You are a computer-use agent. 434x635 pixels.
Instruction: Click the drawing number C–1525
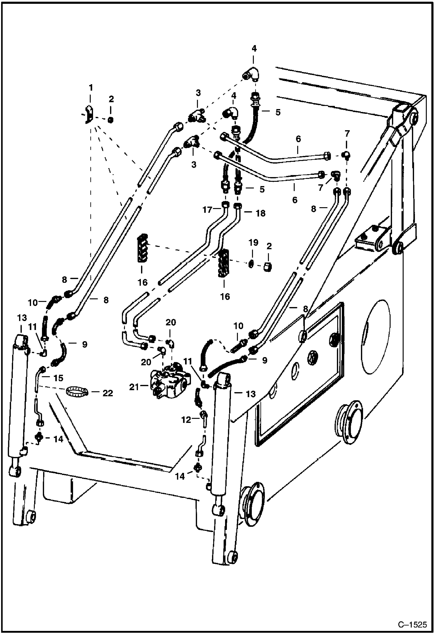[x=412, y=624]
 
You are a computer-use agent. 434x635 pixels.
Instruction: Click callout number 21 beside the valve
[x=134, y=387]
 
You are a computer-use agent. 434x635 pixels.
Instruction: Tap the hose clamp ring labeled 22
[x=77, y=392]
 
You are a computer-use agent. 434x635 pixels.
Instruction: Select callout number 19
[x=253, y=242]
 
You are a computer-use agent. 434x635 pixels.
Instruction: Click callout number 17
[x=207, y=210]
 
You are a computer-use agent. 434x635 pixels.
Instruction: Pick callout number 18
[x=261, y=213]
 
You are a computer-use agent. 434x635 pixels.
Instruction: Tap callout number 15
[x=59, y=378]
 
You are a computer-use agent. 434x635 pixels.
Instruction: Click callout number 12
[x=186, y=419]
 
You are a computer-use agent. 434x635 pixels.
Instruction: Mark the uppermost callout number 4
[x=254, y=48]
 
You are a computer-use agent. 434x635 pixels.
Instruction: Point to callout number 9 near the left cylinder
[x=84, y=344]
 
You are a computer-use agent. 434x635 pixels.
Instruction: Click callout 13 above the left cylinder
[x=22, y=318]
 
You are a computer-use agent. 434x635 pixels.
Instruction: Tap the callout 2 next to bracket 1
[x=111, y=99]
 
